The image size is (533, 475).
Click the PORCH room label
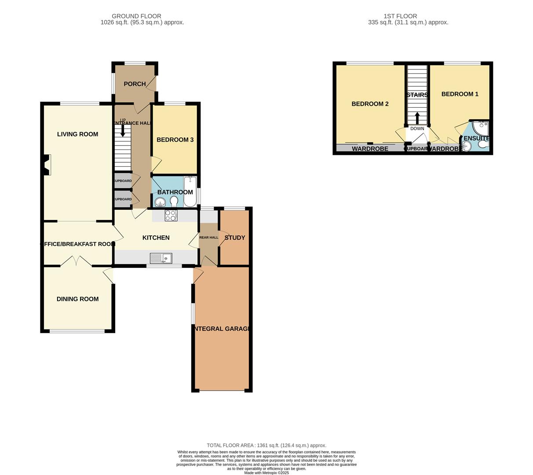(134, 84)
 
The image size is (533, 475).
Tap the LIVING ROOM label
(77, 134)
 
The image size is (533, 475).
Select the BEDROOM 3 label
(175, 140)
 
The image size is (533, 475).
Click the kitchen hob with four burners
(171, 216)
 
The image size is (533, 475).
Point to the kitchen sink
(161, 258)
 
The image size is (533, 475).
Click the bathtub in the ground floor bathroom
(190, 191)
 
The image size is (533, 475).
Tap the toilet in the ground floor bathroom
(174, 201)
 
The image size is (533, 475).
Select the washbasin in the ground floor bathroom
(160, 202)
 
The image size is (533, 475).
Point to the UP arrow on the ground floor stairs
(123, 130)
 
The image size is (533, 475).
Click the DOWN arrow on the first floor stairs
(417, 118)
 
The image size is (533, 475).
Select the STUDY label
(235, 237)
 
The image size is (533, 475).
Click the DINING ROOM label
(77, 299)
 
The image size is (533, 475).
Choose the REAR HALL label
(208, 237)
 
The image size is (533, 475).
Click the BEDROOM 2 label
(370, 104)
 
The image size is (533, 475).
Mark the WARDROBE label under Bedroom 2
(370, 149)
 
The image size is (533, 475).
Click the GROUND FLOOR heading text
(136, 16)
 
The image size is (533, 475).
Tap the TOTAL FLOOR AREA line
(266, 445)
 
